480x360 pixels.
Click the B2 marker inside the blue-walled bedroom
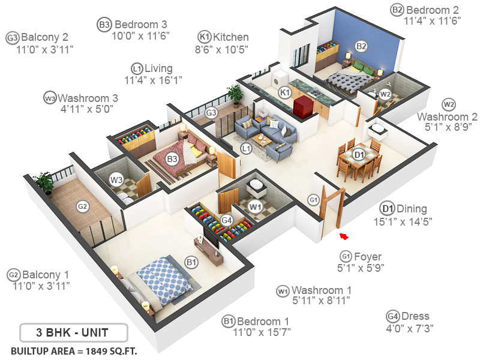[x=361, y=46]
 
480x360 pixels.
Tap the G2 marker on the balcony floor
[x=82, y=206]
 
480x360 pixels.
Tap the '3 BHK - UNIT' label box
[x=74, y=332]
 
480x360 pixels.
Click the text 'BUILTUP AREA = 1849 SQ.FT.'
[x=74, y=350]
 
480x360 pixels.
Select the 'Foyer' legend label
[x=368, y=254]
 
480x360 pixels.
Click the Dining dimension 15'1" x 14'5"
[x=407, y=221]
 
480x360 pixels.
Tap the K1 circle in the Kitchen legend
[x=205, y=37]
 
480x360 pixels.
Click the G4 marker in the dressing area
[x=226, y=220]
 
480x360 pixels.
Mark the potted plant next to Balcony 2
[x=235, y=93]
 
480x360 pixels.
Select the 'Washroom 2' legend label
[x=448, y=115]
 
